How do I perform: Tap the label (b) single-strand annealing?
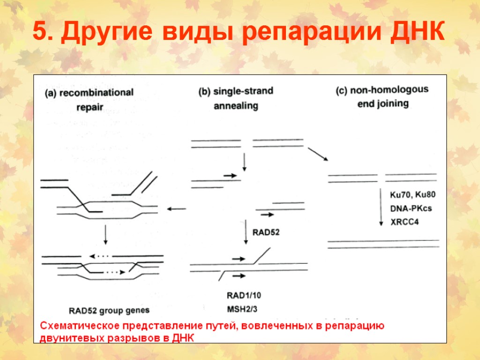coord(236,98)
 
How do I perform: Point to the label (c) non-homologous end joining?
coord(382,96)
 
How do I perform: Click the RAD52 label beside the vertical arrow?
coord(266,231)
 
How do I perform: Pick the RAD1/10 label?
coord(243,295)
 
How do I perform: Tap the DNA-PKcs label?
coord(411,208)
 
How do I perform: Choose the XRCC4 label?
coord(405,222)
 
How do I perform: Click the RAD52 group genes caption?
coord(109,310)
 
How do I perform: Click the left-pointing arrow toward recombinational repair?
coord(177,209)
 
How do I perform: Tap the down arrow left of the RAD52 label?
coord(246,232)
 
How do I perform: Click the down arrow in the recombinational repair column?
coord(106,235)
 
